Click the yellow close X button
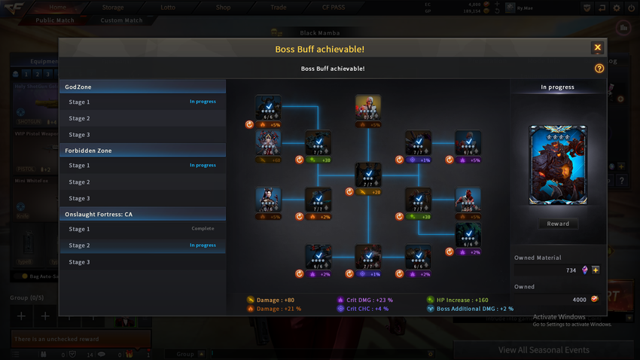click(x=597, y=47)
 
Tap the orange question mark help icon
click(x=599, y=69)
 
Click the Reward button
click(x=558, y=224)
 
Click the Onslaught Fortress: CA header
click(x=142, y=214)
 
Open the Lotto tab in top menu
click(x=168, y=8)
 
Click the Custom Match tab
click(x=121, y=20)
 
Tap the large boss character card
click(x=558, y=165)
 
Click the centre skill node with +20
click(x=367, y=175)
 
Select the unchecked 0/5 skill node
click(x=367, y=108)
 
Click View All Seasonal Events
click(x=544, y=350)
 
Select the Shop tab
click(x=224, y=8)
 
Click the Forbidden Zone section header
click(x=142, y=151)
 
